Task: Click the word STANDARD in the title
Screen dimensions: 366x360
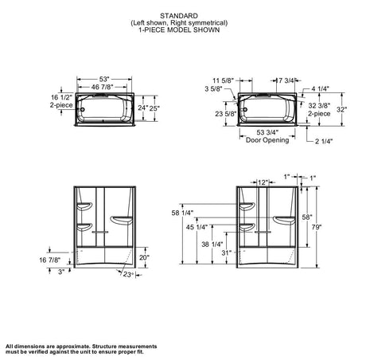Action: [x=179, y=16]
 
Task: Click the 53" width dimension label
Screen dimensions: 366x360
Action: [x=104, y=79]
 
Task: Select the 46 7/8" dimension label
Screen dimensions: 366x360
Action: [x=102, y=87]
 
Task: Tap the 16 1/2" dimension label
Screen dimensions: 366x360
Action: [x=61, y=97]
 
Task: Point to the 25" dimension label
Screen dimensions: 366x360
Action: [x=154, y=108]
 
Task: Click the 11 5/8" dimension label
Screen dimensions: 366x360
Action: [x=224, y=80]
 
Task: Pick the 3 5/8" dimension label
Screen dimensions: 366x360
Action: [x=213, y=88]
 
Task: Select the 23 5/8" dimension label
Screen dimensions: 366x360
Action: [x=225, y=114]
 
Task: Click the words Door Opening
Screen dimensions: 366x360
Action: [x=267, y=140]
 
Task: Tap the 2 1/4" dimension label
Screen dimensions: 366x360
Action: [x=324, y=141]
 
